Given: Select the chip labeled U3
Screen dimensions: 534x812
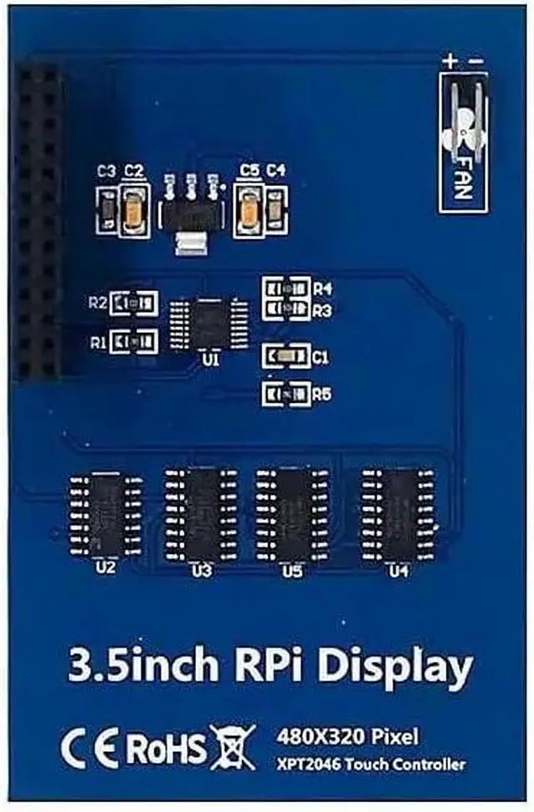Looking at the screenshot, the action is (x=199, y=513).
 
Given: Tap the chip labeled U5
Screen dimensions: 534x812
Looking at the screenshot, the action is (x=290, y=513).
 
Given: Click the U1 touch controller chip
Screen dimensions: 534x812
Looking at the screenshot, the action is (x=209, y=323).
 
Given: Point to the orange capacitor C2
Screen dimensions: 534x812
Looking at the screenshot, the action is (x=133, y=207).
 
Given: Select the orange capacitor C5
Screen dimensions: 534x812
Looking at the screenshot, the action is (x=248, y=207).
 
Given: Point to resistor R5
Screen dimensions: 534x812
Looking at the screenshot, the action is (x=285, y=393).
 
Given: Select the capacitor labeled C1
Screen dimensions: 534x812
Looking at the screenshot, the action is (x=285, y=357).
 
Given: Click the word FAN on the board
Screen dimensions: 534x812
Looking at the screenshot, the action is (x=464, y=174).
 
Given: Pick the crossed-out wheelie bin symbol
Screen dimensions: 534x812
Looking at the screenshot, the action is (x=234, y=746).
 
